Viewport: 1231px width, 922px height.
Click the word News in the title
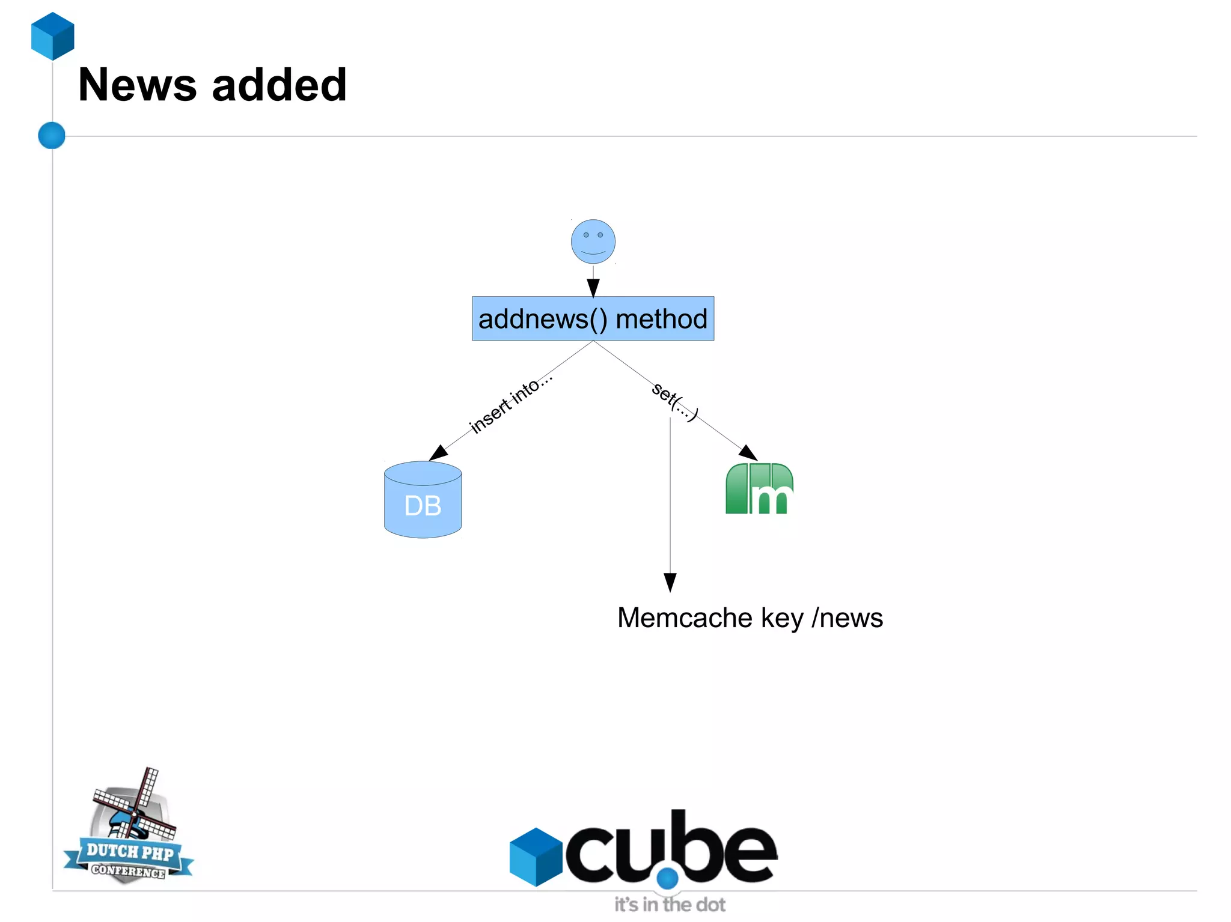coord(137,85)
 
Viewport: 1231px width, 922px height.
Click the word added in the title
coord(279,85)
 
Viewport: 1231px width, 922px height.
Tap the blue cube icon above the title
coord(53,36)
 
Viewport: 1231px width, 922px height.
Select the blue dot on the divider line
coord(52,135)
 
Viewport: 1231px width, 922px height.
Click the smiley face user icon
coord(593,241)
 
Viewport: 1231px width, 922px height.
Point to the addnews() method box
coord(593,318)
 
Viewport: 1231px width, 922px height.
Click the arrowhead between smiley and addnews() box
coord(593,288)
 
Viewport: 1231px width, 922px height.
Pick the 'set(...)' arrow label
coord(675,401)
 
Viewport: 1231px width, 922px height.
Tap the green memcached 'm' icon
coord(759,489)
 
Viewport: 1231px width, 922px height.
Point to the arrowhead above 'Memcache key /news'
coord(670,581)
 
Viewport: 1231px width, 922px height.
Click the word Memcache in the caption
coord(685,618)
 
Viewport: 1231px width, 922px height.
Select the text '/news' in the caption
coord(847,618)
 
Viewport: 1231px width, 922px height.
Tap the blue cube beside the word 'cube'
coord(536,857)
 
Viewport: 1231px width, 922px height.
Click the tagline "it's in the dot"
coord(670,905)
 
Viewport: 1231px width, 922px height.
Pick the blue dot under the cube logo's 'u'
coord(667,879)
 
